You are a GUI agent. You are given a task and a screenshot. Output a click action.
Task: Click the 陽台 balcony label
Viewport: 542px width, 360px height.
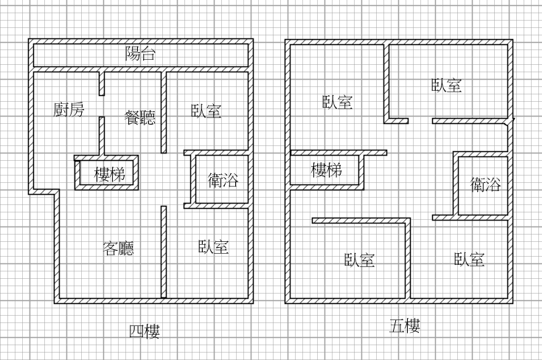point(140,54)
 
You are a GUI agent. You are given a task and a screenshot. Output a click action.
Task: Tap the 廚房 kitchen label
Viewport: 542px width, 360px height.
point(69,109)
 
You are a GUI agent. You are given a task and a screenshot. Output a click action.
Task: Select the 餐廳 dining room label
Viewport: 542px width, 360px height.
point(140,117)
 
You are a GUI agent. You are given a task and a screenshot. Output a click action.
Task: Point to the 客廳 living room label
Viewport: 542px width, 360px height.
point(118,248)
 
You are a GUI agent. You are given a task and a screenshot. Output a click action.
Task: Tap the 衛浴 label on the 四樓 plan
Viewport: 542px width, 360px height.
point(223,179)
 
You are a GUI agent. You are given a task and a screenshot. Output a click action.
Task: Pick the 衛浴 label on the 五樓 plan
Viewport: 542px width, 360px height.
point(486,184)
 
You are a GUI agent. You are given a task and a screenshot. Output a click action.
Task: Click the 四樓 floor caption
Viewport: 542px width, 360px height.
point(145,332)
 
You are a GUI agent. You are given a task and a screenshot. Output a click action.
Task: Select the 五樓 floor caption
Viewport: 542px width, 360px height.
point(405,326)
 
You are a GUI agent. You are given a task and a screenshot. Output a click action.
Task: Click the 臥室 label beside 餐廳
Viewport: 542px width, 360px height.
point(206,111)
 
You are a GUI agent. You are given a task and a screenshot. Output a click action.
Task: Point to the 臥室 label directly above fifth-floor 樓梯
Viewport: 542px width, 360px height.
point(337,103)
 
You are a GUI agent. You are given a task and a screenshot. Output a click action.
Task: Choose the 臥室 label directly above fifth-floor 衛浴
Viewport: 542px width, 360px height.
point(447,86)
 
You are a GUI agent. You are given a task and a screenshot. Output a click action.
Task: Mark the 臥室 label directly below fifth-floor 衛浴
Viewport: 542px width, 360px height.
point(470,259)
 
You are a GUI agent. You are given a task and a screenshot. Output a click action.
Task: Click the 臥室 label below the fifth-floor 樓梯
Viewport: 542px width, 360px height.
point(360,260)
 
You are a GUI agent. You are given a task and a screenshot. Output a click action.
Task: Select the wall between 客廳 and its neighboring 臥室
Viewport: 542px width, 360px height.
point(164,251)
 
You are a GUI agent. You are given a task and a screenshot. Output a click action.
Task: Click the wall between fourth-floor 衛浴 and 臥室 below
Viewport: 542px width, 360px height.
point(215,207)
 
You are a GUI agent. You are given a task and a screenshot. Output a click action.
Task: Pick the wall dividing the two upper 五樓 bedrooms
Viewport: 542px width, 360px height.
point(386,81)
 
